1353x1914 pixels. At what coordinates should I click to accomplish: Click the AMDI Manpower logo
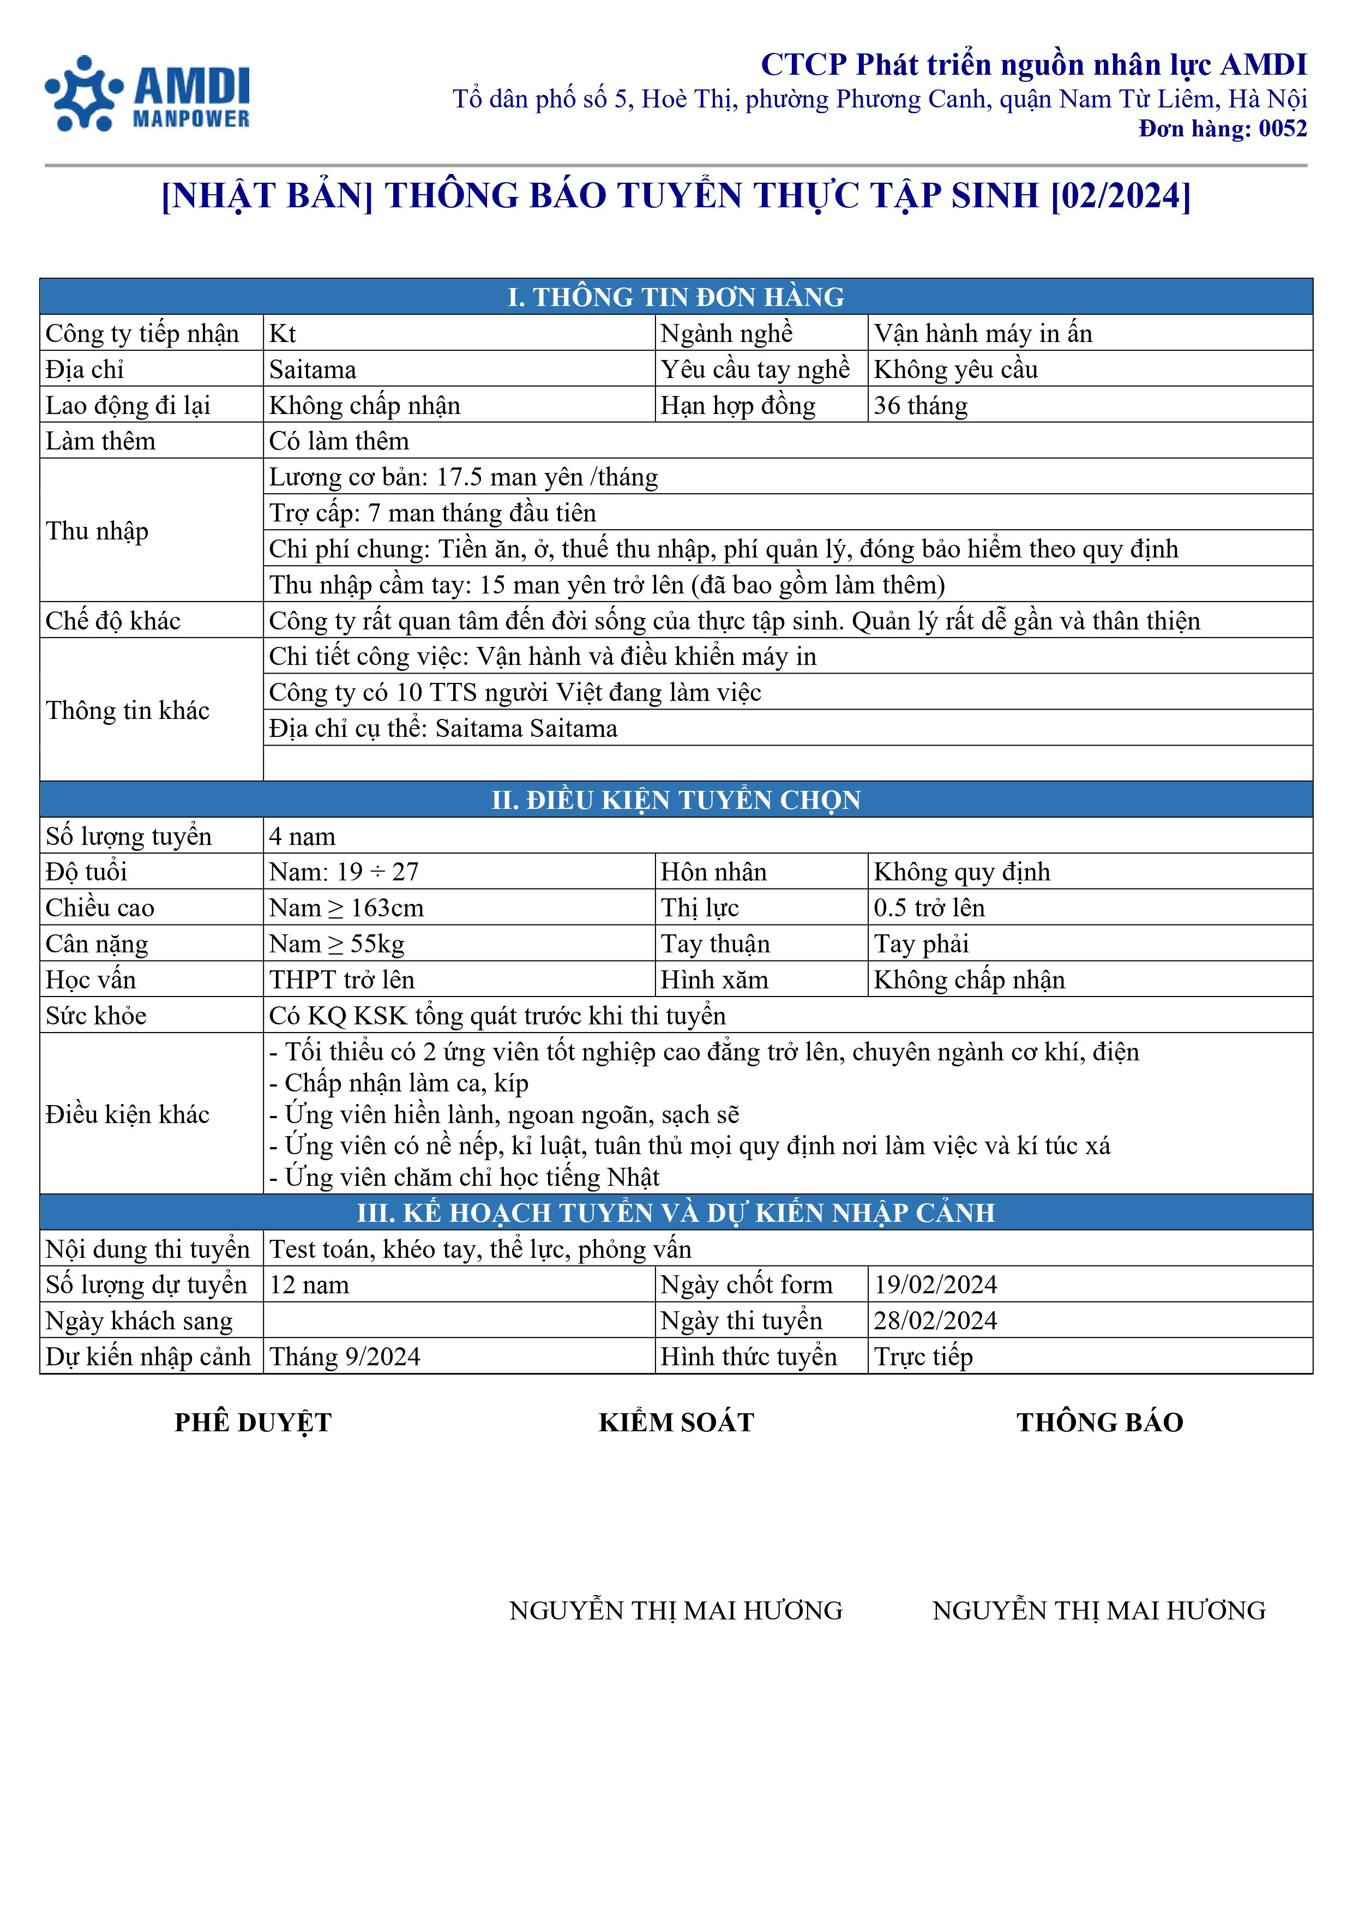click(x=148, y=93)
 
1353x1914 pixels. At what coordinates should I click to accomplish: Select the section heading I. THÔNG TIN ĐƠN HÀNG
click(x=676, y=297)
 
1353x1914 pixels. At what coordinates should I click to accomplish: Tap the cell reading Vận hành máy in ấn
click(x=982, y=333)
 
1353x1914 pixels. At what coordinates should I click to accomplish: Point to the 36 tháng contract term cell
click(x=921, y=405)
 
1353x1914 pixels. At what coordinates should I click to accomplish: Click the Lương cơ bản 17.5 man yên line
click(x=464, y=477)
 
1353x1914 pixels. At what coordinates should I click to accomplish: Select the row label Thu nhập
click(x=98, y=530)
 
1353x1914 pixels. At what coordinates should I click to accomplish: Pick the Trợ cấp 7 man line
click(x=432, y=513)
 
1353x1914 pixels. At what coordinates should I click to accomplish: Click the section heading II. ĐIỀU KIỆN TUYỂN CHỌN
click(x=676, y=800)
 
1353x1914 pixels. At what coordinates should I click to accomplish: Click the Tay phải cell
click(x=921, y=944)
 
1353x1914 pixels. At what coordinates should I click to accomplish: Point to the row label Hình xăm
click(x=714, y=980)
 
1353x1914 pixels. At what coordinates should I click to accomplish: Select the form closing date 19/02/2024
click(x=935, y=1285)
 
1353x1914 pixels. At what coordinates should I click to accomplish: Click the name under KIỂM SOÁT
click(x=676, y=1610)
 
